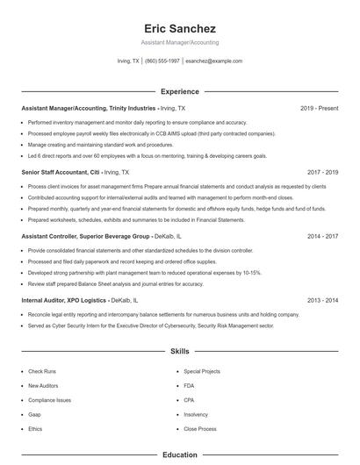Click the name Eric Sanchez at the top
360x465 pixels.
tap(179, 28)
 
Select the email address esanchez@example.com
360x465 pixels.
tap(213, 61)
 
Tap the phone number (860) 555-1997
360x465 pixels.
tap(162, 61)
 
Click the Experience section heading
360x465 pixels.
tap(179, 91)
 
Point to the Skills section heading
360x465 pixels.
tap(179, 351)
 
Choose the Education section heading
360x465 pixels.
tap(179, 455)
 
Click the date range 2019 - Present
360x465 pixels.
tap(319, 108)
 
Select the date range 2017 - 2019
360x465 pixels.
tap(322, 173)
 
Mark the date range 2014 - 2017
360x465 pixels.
tap(322, 237)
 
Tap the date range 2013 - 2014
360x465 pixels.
tap(322, 301)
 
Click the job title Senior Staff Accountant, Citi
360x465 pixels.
tap(61, 173)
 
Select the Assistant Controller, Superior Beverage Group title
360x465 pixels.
tap(86, 237)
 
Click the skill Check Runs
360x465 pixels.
tap(41, 372)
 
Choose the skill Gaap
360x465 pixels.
tap(34, 414)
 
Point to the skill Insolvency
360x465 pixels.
tap(196, 414)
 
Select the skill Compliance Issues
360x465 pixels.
tap(49, 400)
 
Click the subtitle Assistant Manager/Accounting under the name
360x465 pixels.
tap(179, 42)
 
